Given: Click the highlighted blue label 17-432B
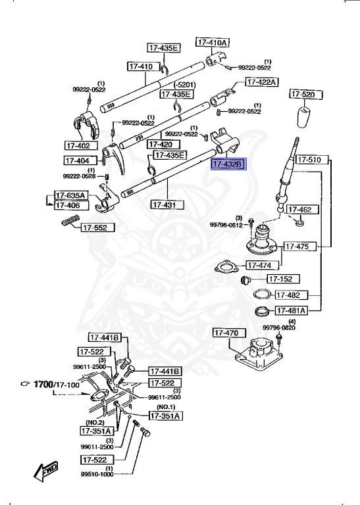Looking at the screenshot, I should point(227,164).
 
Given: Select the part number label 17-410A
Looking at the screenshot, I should point(213,42).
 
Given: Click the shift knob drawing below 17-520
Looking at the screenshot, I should point(303,118).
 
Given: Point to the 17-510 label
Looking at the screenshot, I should point(308,160).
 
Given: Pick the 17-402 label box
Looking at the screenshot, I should point(79,145).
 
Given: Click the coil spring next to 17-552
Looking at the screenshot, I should point(67,225).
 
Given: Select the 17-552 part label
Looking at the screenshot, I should point(98,228).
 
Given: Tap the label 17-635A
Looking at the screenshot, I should point(70,195).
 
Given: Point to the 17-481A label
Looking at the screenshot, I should point(290,310).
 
